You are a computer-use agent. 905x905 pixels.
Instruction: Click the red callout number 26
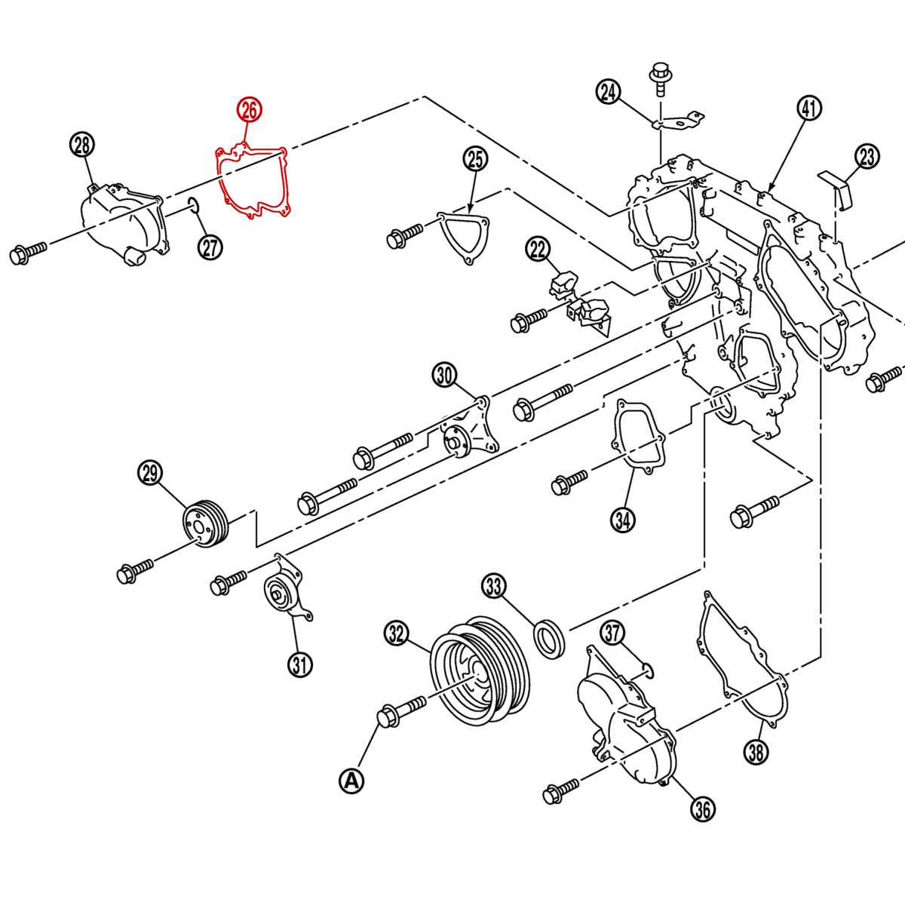pyautogui.click(x=249, y=110)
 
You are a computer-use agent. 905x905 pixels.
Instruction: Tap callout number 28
pyautogui.click(x=82, y=144)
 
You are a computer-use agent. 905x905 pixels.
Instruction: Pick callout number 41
pyautogui.click(x=808, y=109)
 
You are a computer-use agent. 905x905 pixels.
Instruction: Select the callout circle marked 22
pyautogui.click(x=538, y=250)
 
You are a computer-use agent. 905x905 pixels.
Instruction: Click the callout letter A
pyautogui.click(x=351, y=781)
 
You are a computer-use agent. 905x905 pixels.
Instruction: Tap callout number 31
pyautogui.click(x=299, y=664)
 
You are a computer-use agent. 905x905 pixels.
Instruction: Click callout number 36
pyautogui.click(x=702, y=809)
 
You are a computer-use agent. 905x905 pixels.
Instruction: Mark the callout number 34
pyautogui.click(x=623, y=519)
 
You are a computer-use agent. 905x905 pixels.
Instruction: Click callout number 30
pyautogui.click(x=445, y=375)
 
